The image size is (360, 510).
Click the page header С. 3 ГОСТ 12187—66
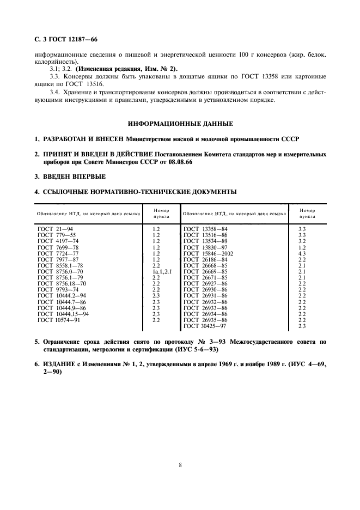pyautogui.click(x=63, y=39)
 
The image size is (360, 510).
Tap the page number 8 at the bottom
pyautogui.click(x=180, y=465)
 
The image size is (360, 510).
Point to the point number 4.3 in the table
pyautogui.click(x=302, y=253)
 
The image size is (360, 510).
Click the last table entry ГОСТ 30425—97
pyautogui.click(x=205, y=326)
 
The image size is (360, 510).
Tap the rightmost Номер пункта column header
pyautogui.click(x=303, y=213)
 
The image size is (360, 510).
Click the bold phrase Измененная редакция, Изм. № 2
pyautogui.click(x=126, y=69)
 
